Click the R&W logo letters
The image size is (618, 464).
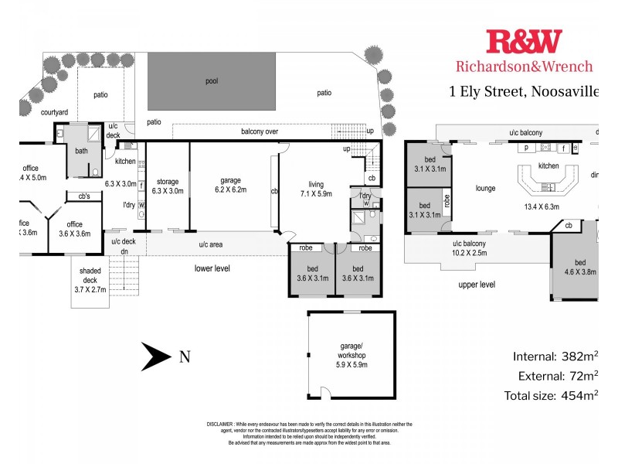click(x=524, y=43)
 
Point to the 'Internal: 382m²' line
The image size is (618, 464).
click(x=555, y=357)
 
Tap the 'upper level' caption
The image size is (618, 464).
click(x=477, y=285)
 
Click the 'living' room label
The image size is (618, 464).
click(x=316, y=184)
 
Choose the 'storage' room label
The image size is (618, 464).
click(x=167, y=182)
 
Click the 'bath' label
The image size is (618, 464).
click(x=80, y=152)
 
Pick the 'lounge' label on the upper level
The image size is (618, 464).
click(x=485, y=188)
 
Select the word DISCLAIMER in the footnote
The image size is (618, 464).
click(x=223, y=425)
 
